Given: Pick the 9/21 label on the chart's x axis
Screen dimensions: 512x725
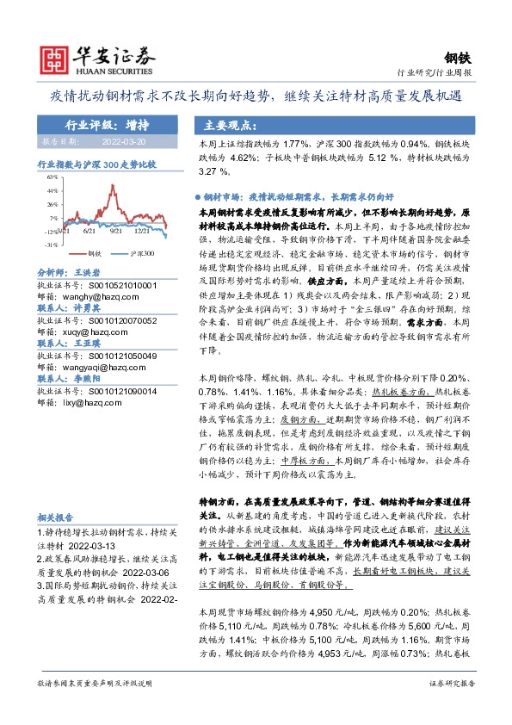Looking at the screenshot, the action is [x=114, y=231].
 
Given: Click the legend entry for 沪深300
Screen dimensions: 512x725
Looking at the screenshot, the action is [x=141, y=256].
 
